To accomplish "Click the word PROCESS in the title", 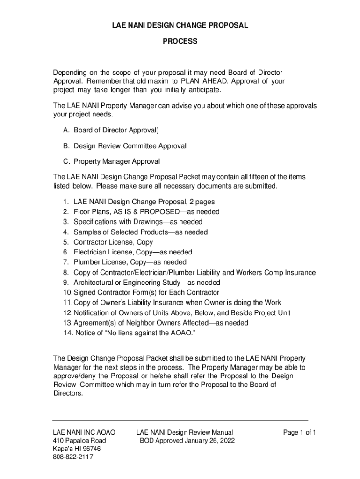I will [x=180, y=41].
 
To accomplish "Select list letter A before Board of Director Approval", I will [x=65, y=130].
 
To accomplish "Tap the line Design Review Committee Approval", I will [x=130, y=146].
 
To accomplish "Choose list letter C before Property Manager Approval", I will [x=65, y=161].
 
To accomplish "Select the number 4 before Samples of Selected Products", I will [x=65, y=232].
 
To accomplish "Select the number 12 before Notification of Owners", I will [x=66, y=313].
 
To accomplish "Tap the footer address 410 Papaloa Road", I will [x=79, y=441].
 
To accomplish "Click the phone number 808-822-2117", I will [x=73, y=457].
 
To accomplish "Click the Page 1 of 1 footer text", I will [x=300, y=432].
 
